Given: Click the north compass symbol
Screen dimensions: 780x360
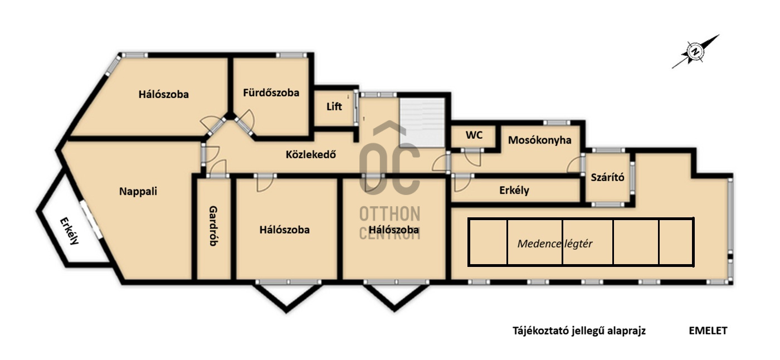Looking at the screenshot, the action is tap(695, 51).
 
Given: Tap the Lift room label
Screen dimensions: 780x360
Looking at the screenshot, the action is tap(334, 106).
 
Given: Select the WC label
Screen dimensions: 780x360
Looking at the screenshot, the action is tap(474, 135).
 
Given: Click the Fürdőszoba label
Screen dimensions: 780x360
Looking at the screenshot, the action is tap(271, 93).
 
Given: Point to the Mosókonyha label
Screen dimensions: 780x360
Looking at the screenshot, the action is tap(539, 140).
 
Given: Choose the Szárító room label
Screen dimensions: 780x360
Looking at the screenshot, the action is tap(607, 177).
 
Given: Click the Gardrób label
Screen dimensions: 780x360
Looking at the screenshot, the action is tap(213, 226).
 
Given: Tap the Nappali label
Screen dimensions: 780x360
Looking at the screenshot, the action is tap(138, 191).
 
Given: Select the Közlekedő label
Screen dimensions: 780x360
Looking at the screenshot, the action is tap(311, 154).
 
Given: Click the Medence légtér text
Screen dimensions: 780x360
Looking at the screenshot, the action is tap(555, 244).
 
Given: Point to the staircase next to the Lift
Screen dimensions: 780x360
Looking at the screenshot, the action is tap(422, 122).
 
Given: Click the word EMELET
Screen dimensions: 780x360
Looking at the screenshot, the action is tap(708, 331).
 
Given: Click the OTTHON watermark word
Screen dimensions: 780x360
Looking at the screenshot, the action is tap(389, 214).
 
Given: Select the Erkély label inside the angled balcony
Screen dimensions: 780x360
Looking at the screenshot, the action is tap(69, 231).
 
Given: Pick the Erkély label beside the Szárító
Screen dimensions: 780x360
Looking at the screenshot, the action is tap(514, 191).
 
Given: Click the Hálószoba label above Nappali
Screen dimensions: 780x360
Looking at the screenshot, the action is tap(163, 94).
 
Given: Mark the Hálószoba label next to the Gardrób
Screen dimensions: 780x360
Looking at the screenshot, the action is tap(284, 230).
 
